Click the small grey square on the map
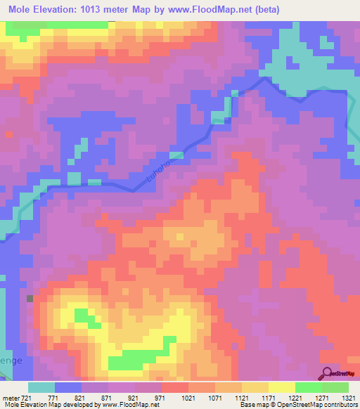tap(30, 298)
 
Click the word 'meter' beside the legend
tap(10, 397)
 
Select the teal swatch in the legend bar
tap(41, 387)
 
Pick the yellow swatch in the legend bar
tap(281, 387)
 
